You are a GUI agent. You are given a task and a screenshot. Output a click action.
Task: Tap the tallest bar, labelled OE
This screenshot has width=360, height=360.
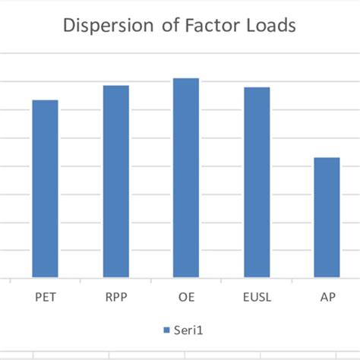click(186, 178)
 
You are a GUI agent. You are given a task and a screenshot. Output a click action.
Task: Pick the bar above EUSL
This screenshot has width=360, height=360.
click(257, 182)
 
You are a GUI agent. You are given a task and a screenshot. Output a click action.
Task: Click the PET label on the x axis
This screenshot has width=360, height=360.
click(45, 297)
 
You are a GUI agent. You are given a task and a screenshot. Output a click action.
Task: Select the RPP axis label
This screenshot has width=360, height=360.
click(115, 297)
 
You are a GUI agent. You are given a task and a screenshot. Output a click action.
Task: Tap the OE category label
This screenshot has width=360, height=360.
click(186, 297)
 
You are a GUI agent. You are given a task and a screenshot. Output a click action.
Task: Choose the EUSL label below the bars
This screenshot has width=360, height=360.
click(257, 297)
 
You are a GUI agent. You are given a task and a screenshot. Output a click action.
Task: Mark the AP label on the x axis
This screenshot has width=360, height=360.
click(327, 297)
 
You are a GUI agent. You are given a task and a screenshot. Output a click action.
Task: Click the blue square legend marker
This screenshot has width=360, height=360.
click(166, 331)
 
